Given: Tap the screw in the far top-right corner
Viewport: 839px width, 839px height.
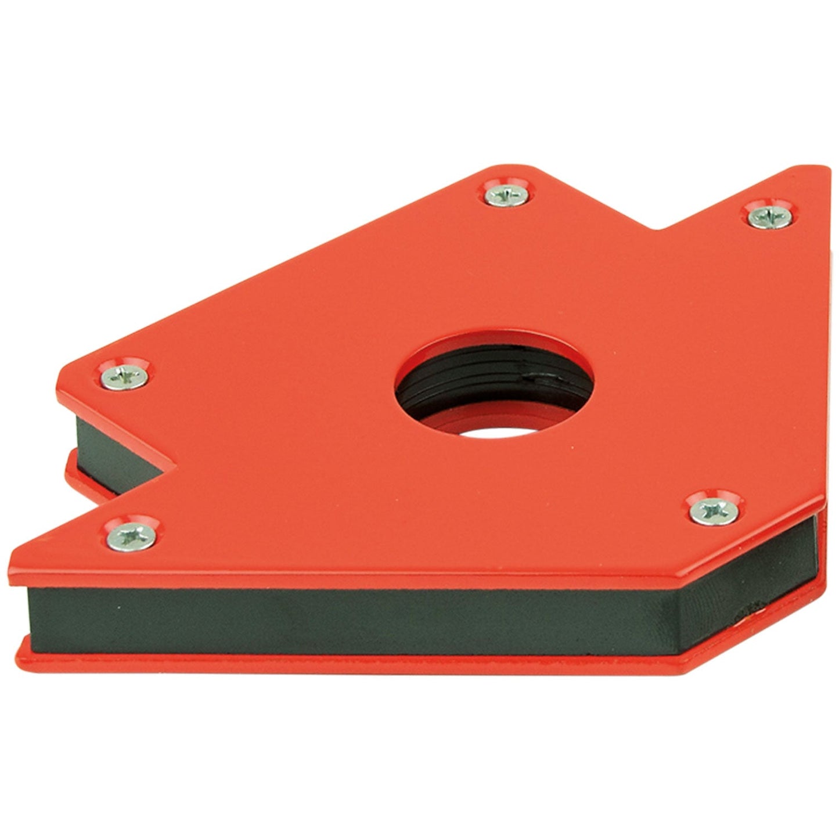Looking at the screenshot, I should [x=769, y=216].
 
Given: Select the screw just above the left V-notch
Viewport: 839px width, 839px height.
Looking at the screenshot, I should [x=124, y=377].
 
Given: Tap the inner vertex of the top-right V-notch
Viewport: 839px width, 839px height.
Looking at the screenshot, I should [x=658, y=228].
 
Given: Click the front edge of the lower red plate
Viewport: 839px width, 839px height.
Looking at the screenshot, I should [x=348, y=662].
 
